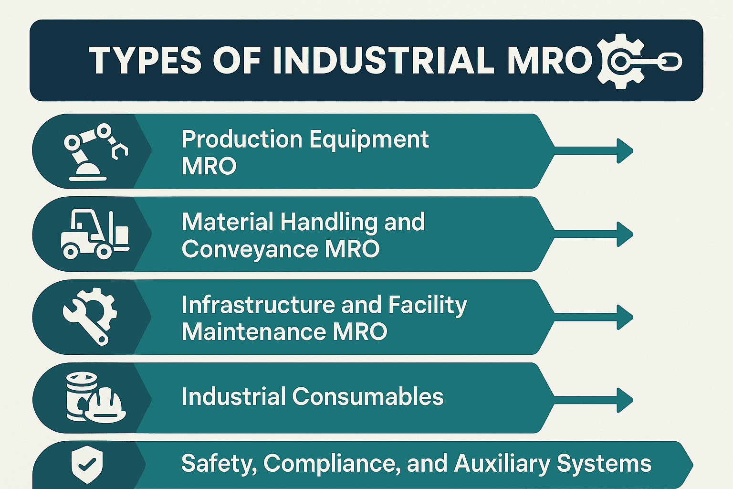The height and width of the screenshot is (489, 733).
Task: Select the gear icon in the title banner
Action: pyautogui.click(x=620, y=61)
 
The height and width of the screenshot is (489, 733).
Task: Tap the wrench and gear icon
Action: pyautogui.click(x=90, y=316)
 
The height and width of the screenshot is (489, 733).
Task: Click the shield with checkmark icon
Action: pyautogui.click(x=86, y=465)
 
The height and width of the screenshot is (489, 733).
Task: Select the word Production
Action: pyautogui.click(x=242, y=139)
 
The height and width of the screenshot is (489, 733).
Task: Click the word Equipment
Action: pyautogui.click(x=369, y=139)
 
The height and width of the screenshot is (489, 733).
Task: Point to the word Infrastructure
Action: pyautogui.click(x=258, y=305)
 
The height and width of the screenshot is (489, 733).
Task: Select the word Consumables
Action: pyautogui.click(x=367, y=396)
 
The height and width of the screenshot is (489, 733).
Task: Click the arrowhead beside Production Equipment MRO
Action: pyautogui.click(x=624, y=151)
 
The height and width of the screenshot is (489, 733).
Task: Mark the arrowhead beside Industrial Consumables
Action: pyautogui.click(x=624, y=400)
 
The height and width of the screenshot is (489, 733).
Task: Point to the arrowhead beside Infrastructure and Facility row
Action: pyautogui.click(x=624, y=317)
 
